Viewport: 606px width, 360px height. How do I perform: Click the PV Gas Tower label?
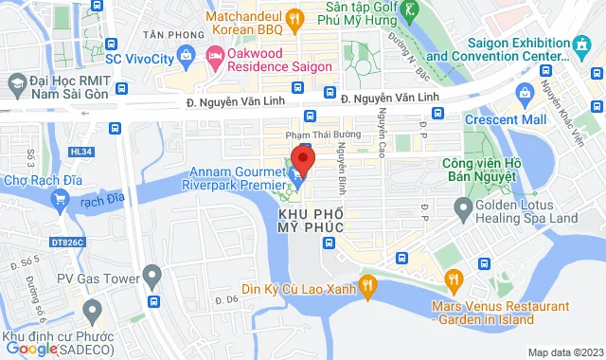tap(96, 278)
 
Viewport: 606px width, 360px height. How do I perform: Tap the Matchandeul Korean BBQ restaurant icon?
tap(294, 18)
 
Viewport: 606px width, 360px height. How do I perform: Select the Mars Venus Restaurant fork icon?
tap(454, 279)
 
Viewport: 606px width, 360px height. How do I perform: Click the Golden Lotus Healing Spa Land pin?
tap(463, 207)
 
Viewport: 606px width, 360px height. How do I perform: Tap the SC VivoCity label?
tap(140, 59)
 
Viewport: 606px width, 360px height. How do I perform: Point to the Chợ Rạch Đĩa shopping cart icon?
tap(61, 199)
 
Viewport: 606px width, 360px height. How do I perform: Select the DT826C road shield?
tap(68, 242)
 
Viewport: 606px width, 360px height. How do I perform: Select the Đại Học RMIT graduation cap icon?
tap(17, 82)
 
